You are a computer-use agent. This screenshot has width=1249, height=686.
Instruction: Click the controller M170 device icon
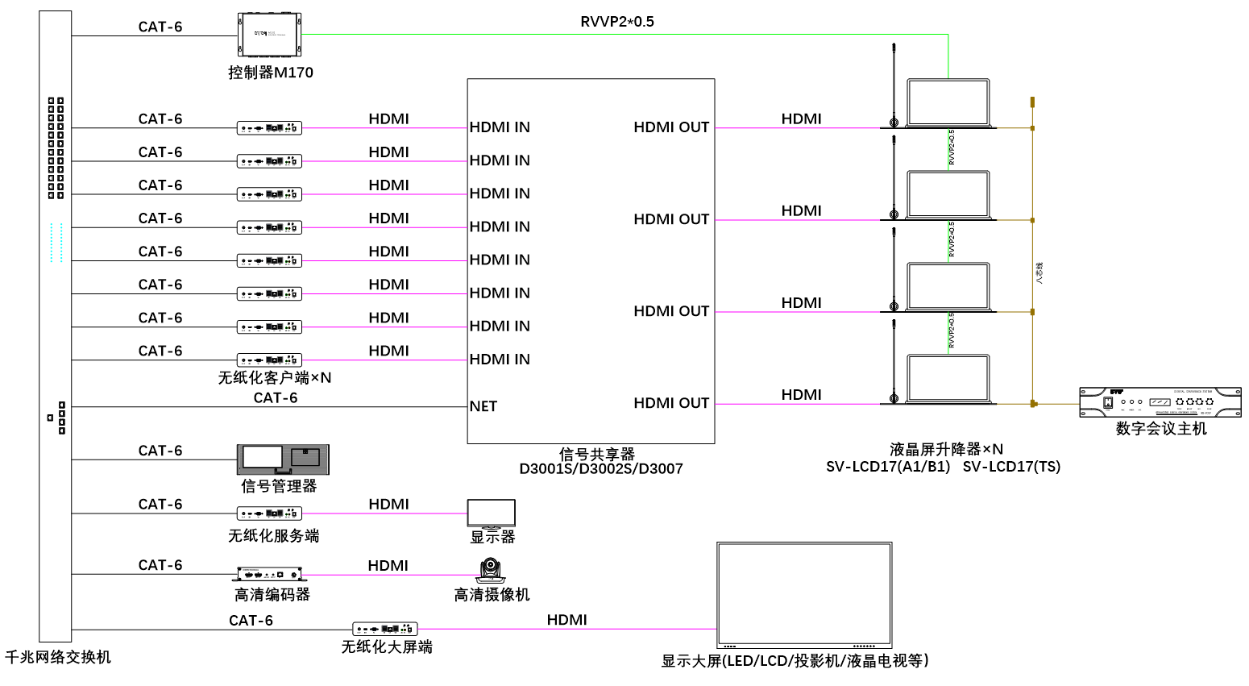point(269,35)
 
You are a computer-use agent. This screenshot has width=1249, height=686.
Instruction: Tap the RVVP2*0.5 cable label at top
point(617,22)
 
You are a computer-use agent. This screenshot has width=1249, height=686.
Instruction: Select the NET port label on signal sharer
point(483,406)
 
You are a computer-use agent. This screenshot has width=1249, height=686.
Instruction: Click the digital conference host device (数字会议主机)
point(1160,402)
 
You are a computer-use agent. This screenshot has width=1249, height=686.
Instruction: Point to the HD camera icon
point(491,571)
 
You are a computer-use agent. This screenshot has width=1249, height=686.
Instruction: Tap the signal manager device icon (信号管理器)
point(283,459)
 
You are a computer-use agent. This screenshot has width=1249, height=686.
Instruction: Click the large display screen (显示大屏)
point(804,594)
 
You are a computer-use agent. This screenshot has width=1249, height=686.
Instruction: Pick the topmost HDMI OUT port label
point(671,127)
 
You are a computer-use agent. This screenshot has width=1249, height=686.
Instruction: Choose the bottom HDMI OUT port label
point(671,403)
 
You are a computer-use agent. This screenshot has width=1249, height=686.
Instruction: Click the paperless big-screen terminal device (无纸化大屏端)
point(384,629)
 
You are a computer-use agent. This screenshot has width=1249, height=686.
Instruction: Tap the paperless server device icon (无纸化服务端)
point(269,513)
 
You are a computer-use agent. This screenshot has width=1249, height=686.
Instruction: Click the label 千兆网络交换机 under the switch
point(58,657)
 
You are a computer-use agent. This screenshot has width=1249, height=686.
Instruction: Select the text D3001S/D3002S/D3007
point(601,469)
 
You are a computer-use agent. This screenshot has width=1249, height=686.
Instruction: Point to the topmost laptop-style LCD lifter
point(948,103)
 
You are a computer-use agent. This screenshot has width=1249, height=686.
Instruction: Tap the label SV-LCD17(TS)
point(1011,467)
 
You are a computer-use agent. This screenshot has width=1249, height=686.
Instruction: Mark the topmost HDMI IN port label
point(500,127)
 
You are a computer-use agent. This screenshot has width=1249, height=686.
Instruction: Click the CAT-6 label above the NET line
point(276,397)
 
